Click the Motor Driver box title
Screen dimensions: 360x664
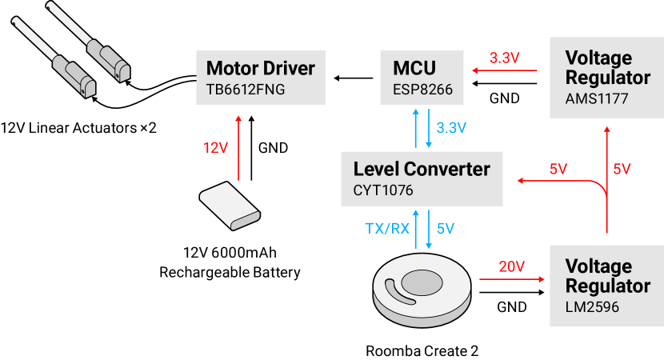click(260, 68)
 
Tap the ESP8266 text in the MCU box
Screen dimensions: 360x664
click(422, 90)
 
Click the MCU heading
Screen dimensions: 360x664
click(414, 68)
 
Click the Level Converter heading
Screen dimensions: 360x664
click(421, 169)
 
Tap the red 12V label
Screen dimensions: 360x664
click(215, 148)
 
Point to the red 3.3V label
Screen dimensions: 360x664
click(505, 58)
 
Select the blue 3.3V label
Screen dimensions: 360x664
click(452, 128)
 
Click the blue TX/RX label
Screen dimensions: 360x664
click(387, 228)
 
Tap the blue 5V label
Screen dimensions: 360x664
click(446, 228)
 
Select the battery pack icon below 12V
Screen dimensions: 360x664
click(230, 206)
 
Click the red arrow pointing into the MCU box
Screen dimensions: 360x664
click(496, 71)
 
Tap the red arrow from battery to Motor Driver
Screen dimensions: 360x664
click(238, 148)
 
